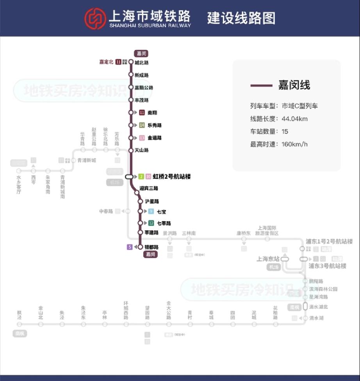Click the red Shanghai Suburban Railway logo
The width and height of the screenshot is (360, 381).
pos(95,18)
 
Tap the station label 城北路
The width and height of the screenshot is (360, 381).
pos(141,62)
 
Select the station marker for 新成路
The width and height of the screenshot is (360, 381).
pos(131,75)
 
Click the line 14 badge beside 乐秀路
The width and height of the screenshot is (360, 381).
pos(142,125)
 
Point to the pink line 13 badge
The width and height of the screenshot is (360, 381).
pos(142,138)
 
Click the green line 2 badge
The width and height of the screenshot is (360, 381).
pos(141,177)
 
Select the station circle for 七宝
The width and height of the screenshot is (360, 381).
pos(140,211)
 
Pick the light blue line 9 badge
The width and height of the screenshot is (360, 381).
pos(151,212)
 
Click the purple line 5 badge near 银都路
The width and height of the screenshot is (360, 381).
pos(130,247)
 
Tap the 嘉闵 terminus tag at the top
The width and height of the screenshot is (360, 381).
pos(141,53)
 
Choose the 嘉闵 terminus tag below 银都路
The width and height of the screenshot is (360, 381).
pos(151,255)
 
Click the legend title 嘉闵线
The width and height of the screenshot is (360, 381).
pos(294,85)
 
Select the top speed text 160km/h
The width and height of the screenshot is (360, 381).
pos(294,144)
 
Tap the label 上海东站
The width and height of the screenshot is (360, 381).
pos(268,259)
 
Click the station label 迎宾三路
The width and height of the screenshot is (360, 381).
pos(149,189)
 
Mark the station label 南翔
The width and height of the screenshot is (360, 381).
pos(152,113)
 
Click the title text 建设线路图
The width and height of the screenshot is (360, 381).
pos(241,18)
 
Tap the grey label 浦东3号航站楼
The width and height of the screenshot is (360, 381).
pos(327,266)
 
